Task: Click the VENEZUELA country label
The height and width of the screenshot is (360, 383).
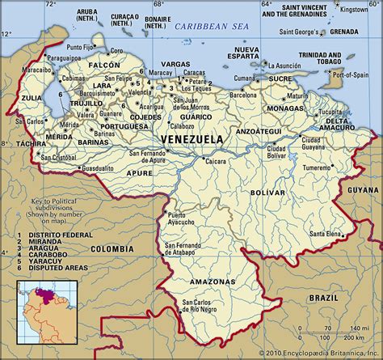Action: point(193,140)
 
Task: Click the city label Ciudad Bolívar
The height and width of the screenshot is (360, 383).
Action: point(277,151)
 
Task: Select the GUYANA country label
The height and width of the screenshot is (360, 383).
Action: point(360,188)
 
